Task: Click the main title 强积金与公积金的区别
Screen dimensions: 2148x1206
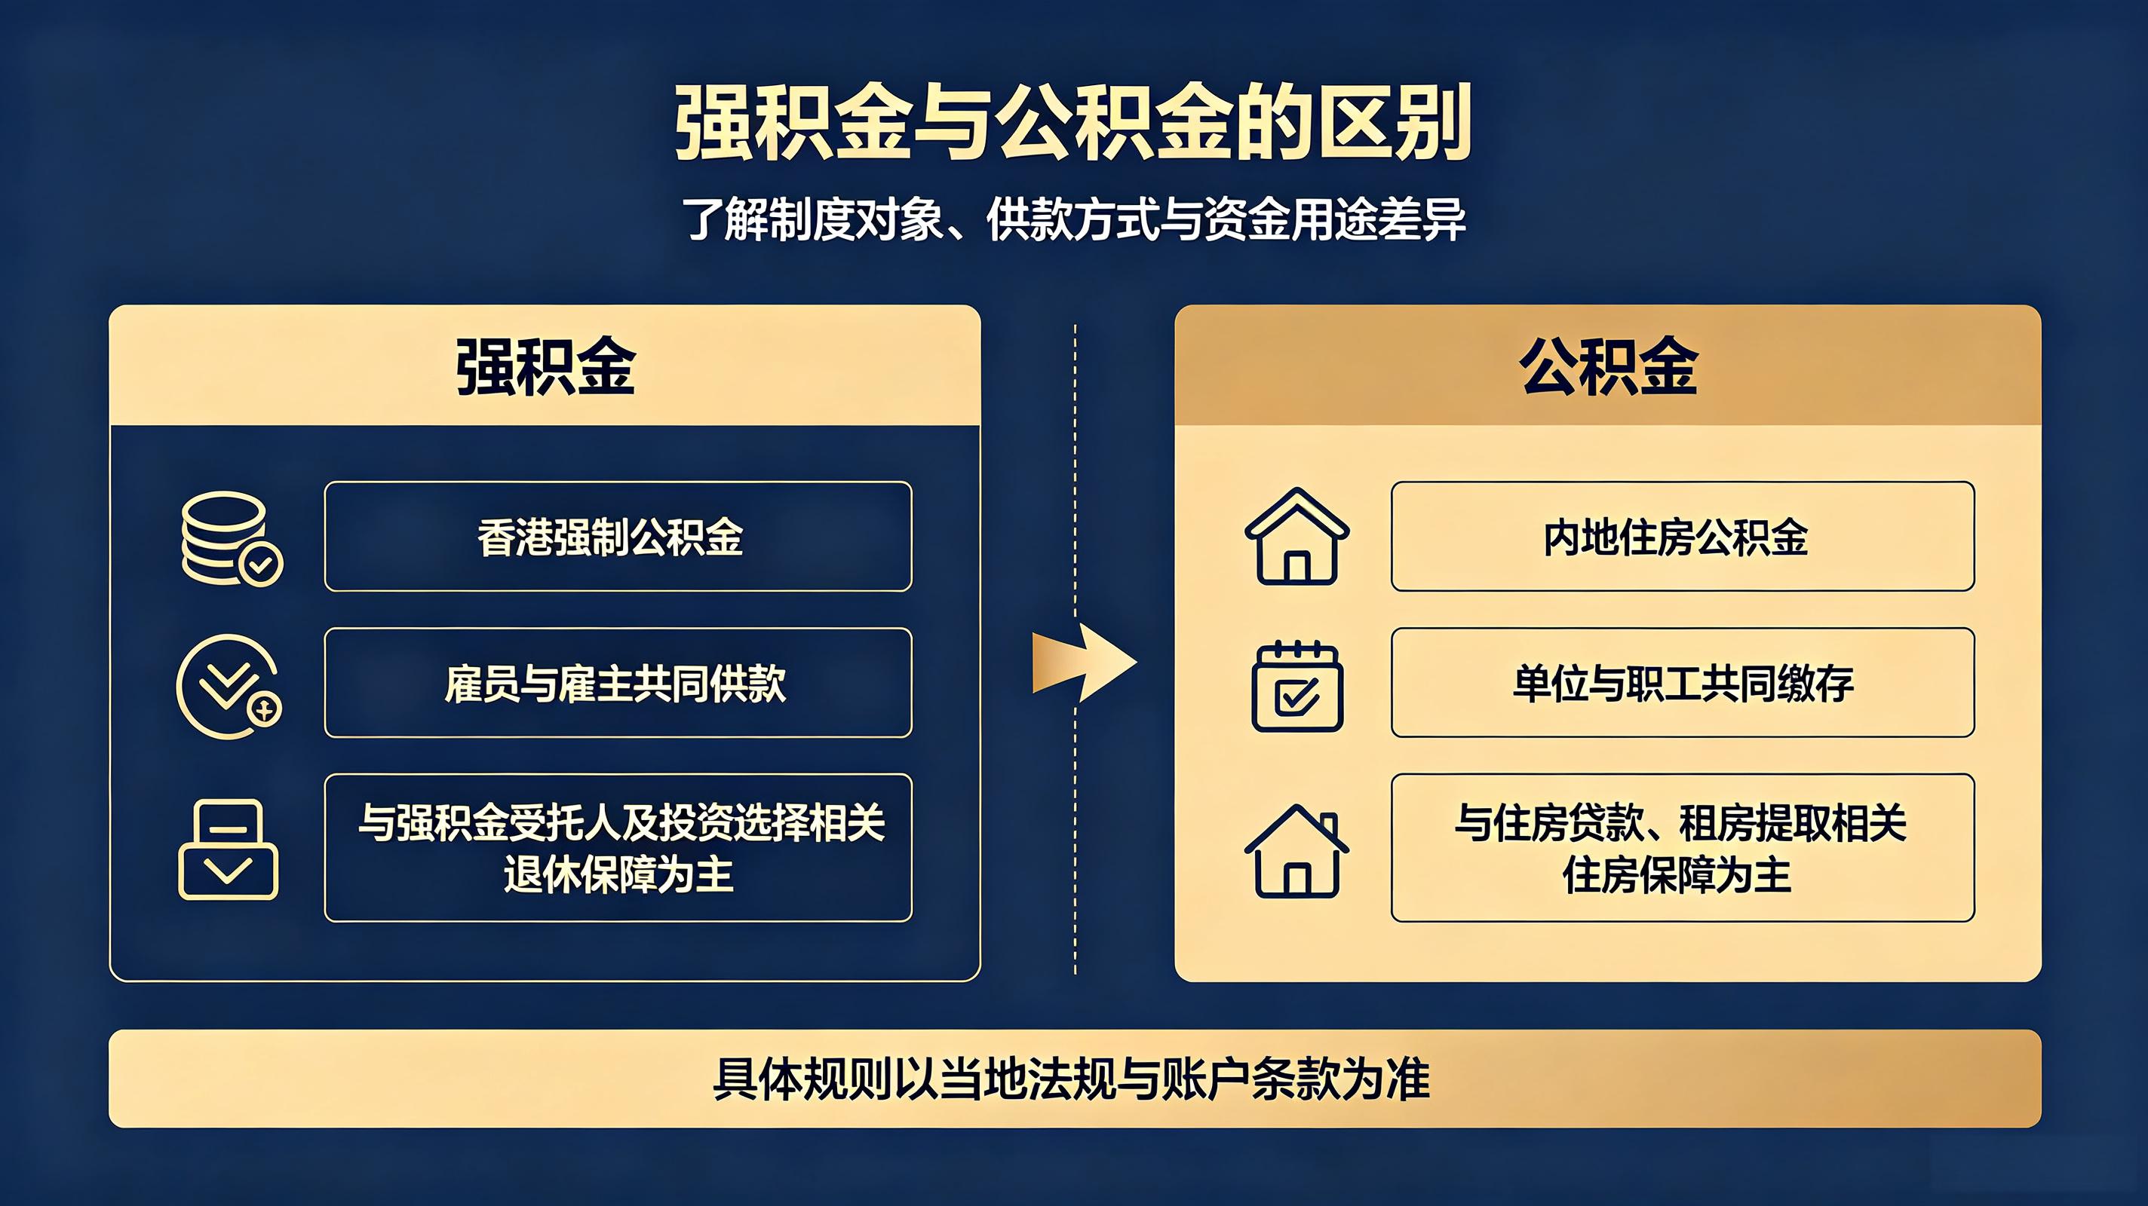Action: click(1073, 123)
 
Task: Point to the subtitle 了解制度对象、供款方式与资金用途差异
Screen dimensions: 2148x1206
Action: click(1073, 219)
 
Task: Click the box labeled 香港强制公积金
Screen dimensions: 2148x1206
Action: click(618, 536)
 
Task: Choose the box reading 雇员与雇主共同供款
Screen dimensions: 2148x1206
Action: click(618, 683)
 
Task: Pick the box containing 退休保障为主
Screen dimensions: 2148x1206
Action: click(618, 848)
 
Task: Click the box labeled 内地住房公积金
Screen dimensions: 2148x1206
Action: click(1683, 536)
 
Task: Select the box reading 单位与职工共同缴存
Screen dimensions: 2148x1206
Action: click(1683, 683)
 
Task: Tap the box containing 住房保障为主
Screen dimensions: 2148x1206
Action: click(1683, 848)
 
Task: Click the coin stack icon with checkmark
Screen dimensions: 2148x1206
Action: click(232, 538)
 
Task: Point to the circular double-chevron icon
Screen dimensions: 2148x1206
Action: click(229, 686)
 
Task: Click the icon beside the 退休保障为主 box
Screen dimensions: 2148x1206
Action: click(228, 849)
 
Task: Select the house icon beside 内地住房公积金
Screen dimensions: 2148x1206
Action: click(1296, 536)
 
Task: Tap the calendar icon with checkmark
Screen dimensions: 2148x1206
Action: click(1296, 686)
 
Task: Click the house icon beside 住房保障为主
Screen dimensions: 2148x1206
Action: click(1296, 851)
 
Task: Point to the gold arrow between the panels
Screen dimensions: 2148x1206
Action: click(1084, 663)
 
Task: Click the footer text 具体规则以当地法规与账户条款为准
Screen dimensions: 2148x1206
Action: click(1072, 1079)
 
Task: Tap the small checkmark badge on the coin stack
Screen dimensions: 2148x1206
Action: click(261, 565)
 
